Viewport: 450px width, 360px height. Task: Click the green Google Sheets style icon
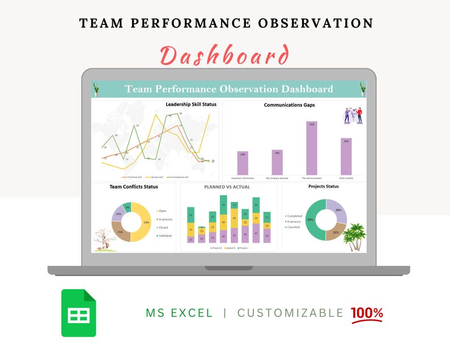[x=79, y=313]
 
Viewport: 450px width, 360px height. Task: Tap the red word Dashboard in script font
[x=224, y=56]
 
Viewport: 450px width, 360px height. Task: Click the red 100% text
[x=367, y=313]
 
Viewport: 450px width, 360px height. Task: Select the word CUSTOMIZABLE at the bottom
[x=290, y=313]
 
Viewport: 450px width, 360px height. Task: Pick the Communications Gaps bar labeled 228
[x=243, y=163]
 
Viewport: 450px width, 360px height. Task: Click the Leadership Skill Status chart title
[x=191, y=104]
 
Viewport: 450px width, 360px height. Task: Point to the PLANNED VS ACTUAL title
[x=227, y=187]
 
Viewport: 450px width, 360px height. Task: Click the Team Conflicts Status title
[x=134, y=187]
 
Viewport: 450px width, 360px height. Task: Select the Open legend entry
[x=162, y=211]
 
